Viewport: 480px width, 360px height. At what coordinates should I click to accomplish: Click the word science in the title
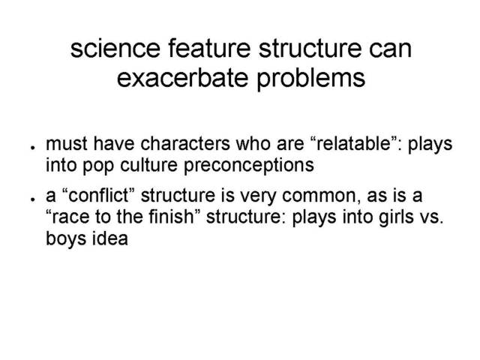[x=115, y=48]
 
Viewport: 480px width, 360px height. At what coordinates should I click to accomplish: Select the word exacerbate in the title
[x=182, y=77]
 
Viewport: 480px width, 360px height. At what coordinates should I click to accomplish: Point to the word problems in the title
[x=310, y=79]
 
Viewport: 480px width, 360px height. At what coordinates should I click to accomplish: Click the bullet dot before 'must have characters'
[x=32, y=148]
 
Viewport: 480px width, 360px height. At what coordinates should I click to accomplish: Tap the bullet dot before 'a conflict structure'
[x=32, y=199]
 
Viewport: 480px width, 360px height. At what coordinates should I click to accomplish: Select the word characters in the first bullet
[x=185, y=143]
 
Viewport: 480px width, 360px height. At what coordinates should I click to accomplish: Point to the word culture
[x=148, y=165]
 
